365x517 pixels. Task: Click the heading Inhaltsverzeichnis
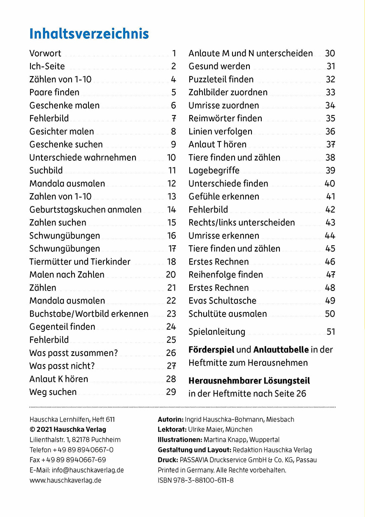(x=89, y=34)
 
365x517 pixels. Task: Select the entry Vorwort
(x=45, y=53)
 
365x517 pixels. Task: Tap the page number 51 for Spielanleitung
(x=330, y=332)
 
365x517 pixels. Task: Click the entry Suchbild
(x=46, y=171)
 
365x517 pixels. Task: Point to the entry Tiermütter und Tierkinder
(x=80, y=262)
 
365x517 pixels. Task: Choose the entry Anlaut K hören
(x=58, y=379)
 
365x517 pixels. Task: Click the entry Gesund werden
(x=219, y=66)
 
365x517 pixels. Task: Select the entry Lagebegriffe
(x=214, y=171)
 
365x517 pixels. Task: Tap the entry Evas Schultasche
(x=222, y=301)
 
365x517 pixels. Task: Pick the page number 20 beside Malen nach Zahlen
(x=171, y=275)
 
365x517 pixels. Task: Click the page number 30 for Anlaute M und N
(x=330, y=53)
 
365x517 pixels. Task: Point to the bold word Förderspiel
(x=211, y=350)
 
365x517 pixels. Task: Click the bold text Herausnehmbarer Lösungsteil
(x=249, y=381)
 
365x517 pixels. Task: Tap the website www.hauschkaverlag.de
(x=65, y=480)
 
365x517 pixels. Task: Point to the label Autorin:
(x=170, y=420)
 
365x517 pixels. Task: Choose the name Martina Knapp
(x=223, y=440)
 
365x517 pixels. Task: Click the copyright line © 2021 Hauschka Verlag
(x=68, y=429)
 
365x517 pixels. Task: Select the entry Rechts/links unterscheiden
(x=242, y=223)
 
